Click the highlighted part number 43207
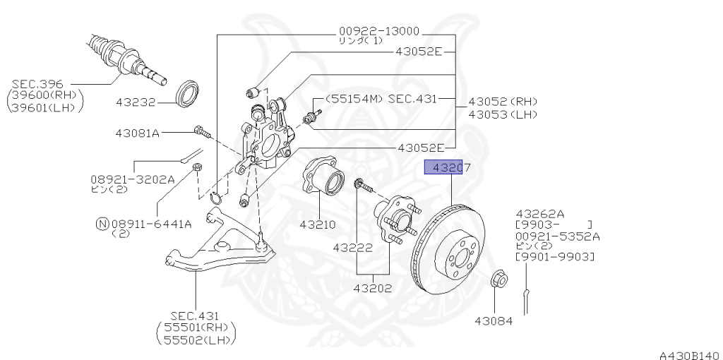443,167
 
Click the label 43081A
138,133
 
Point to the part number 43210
317,224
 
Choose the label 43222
353,247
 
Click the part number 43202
373,287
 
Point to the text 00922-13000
378,31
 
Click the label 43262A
540,213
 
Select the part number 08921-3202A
132,179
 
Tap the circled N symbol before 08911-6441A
102,224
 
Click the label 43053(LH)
502,114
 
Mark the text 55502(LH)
196,340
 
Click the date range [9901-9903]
554,258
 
